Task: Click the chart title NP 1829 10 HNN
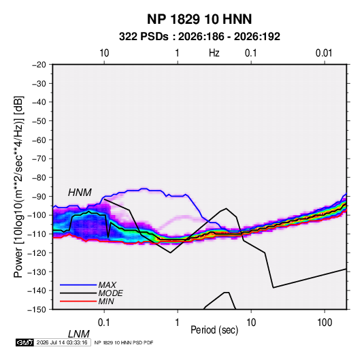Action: (199, 19)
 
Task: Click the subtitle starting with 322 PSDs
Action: (199, 37)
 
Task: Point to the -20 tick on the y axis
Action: (39, 65)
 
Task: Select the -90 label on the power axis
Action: (39, 197)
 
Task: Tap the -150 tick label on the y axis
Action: (37, 310)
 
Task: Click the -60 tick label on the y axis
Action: (39, 140)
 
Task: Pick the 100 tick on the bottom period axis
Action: (325, 323)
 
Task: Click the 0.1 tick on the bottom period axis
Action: (104, 323)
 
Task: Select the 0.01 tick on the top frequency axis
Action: (324, 53)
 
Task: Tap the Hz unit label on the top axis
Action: (214, 53)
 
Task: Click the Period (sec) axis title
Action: (214, 330)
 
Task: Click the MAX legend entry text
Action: (107, 284)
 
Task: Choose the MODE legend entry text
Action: (110, 293)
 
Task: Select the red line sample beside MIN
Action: (78, 301)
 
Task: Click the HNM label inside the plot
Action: (80, 193)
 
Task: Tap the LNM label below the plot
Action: (78, 334)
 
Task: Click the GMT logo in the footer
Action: (25, 342)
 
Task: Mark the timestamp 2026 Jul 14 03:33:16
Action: (62, 342)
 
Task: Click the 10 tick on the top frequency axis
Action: (104, 53)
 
